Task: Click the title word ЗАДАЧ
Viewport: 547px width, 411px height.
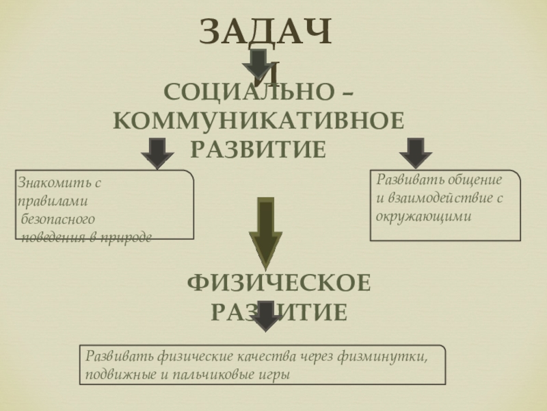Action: [x=265, y=32]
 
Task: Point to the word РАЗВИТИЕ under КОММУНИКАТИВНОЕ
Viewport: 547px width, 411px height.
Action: [x=258, y=147]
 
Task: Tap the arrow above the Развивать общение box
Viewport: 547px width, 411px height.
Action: [x=415, y=153]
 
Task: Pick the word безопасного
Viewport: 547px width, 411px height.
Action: [x=57, y=220]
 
